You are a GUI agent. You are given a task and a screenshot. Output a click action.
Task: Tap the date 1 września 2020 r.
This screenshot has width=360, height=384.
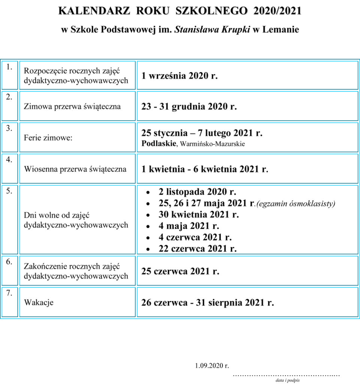click(x=179, y=76)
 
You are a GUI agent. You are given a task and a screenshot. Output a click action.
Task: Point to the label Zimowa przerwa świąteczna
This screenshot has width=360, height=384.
click(x=72, y=106)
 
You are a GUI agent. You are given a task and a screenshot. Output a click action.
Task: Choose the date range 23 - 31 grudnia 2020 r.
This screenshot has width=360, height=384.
click(x=189, y=106)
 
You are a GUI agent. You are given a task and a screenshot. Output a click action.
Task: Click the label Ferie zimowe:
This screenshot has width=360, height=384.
click(x=48, y=138)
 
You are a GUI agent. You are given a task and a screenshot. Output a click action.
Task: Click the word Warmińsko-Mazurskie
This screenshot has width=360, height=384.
click(x=212, y=144)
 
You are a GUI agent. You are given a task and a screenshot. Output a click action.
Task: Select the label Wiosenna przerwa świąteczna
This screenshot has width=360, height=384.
click(x=75, y=169)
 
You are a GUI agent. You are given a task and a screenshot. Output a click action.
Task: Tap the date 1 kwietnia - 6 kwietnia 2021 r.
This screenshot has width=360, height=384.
click(x=205, y=169)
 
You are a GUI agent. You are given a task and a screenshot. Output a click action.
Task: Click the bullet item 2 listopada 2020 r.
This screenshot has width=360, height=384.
click(x=197, y=192)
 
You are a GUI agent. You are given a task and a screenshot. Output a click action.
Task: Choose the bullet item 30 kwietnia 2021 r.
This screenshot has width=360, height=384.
click(x=199, y=215)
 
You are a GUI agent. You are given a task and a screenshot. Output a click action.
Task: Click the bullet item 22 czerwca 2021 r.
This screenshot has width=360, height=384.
click(x=197, y=249)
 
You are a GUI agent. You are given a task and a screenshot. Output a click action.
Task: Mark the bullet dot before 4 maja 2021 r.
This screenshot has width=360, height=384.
click(x=148, y=226)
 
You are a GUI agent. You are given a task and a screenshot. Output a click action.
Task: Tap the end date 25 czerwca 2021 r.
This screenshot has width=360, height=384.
click(x=180, y=271)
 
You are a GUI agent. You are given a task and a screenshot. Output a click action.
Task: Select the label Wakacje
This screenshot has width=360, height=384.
click(x=39, y=302)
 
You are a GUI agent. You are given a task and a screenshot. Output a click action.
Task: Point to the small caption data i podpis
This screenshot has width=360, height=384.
click(x=287, y=380)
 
